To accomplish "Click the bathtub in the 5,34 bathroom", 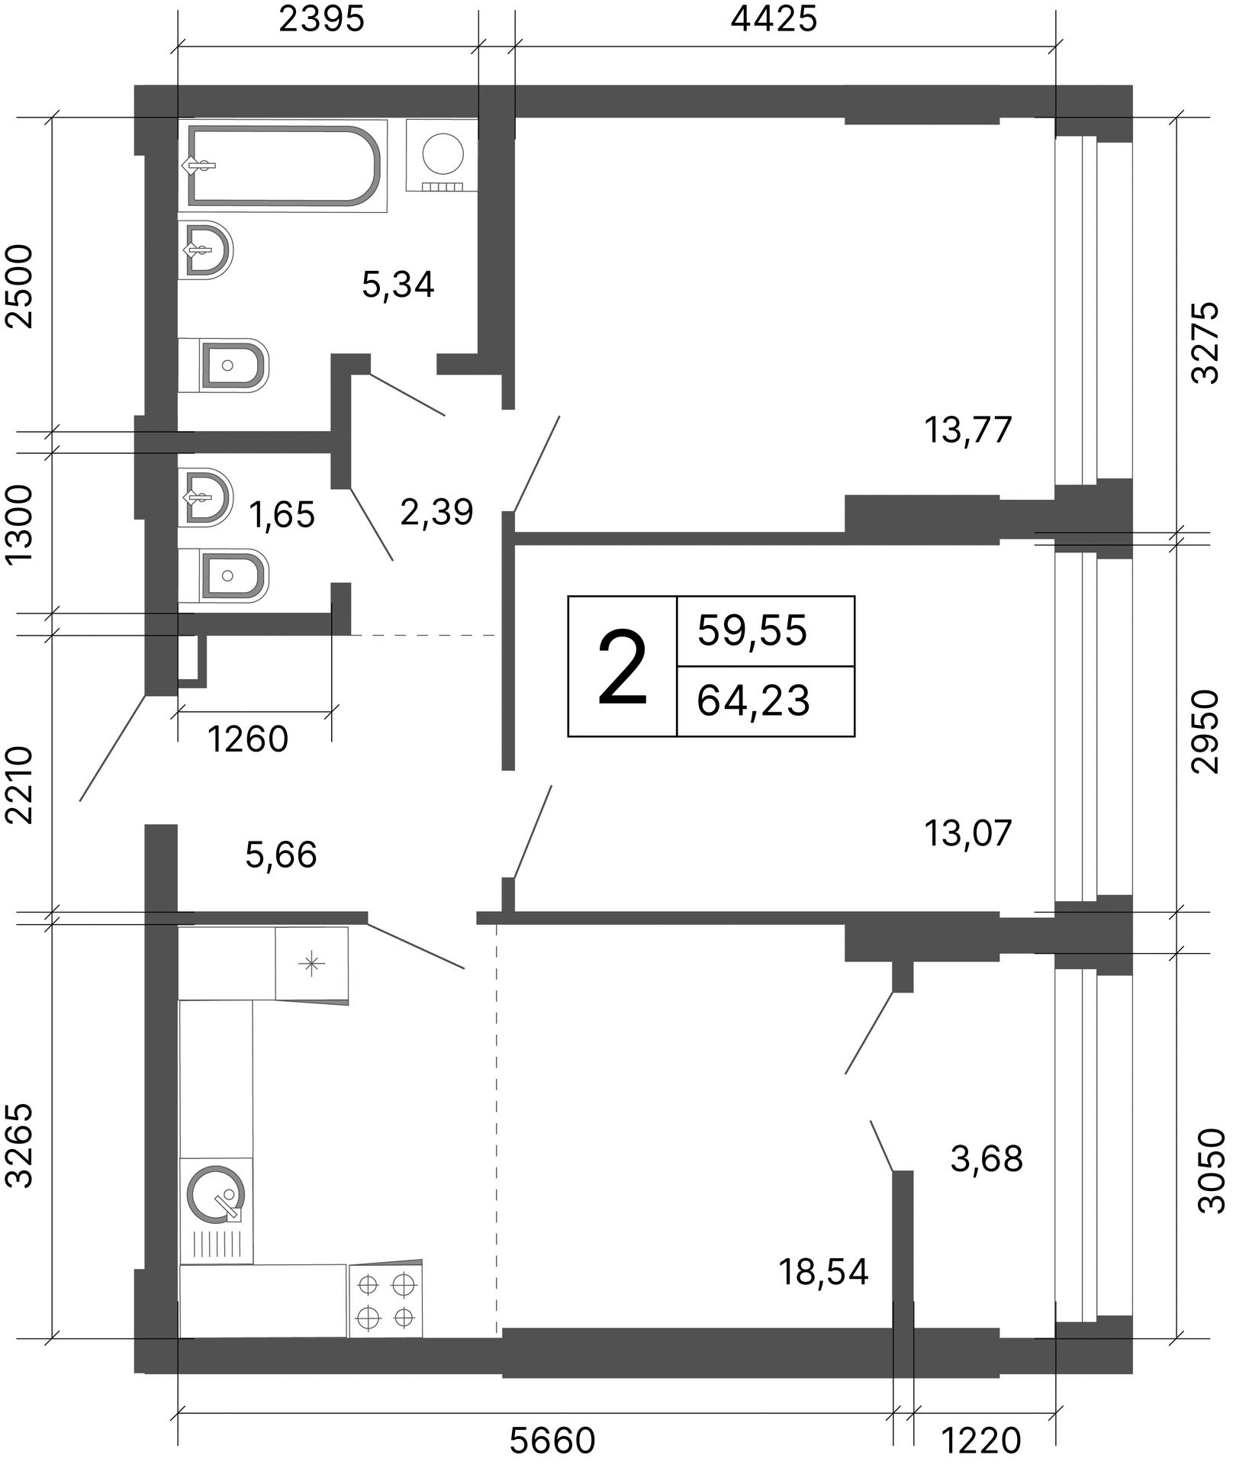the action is (x=283, y=166).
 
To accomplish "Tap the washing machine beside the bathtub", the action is (x=443, y=156).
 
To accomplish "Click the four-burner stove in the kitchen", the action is (x=385, y=1299).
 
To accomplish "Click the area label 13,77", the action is (x=967, y=430).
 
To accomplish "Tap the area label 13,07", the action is (x=967, y=832).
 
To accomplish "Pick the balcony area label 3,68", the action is (x=987, y=1159).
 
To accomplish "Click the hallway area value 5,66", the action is (x=281, y=855).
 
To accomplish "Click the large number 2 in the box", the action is (x=623, y=667).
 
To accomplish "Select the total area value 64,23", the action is (x=753, y=700).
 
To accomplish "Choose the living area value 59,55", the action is (x=752, y=631).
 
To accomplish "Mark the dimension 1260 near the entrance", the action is (x=248, y=739).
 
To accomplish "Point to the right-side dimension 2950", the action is (x=1205, y=731).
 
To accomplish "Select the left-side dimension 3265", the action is (x=22, y=1145).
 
